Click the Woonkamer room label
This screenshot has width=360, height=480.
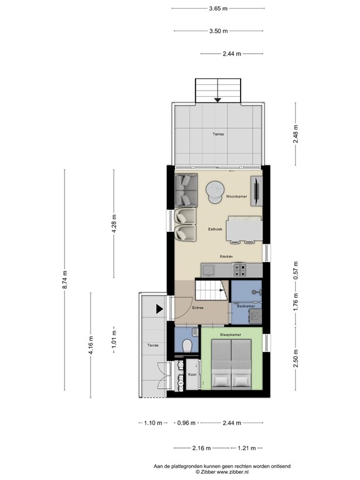tap(236, 197)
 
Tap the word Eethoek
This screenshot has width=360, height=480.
tap(217, 230)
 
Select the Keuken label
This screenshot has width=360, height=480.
tap(227, 256)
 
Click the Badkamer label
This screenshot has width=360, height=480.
tap(245, 306)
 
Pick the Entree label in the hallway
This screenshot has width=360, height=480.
tap(198, 307)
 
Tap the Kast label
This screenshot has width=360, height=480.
tap(192, 374)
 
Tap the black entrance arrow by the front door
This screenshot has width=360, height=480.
tap(160, 307)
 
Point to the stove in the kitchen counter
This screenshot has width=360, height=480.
tap(241, 269)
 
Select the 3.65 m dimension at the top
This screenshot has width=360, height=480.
tap(218, 9)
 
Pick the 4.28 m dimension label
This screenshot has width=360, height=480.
tap(114, 223)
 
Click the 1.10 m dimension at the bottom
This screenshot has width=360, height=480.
tap(149, 423)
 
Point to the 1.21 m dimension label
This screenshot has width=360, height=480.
tap(247, 448)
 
